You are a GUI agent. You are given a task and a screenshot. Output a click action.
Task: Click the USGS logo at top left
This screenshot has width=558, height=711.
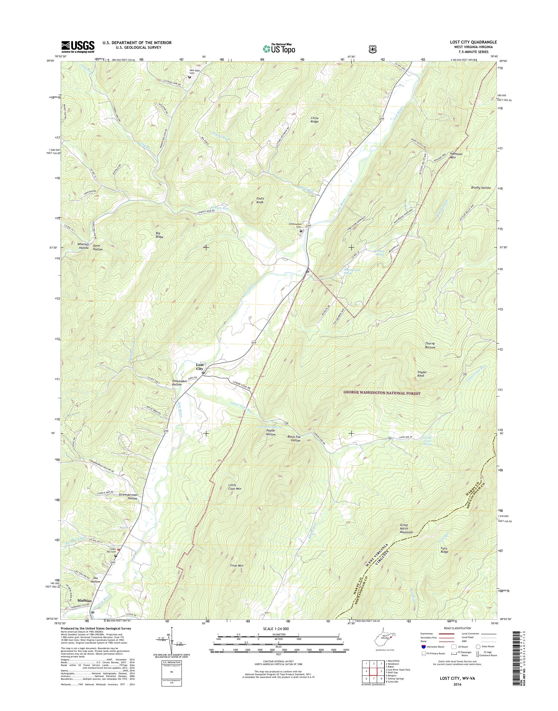[78, 47]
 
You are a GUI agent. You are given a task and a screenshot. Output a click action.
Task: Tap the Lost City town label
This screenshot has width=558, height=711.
[199, 367]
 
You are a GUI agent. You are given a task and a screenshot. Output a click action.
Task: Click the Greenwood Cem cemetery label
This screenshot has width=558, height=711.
[296, 226]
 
